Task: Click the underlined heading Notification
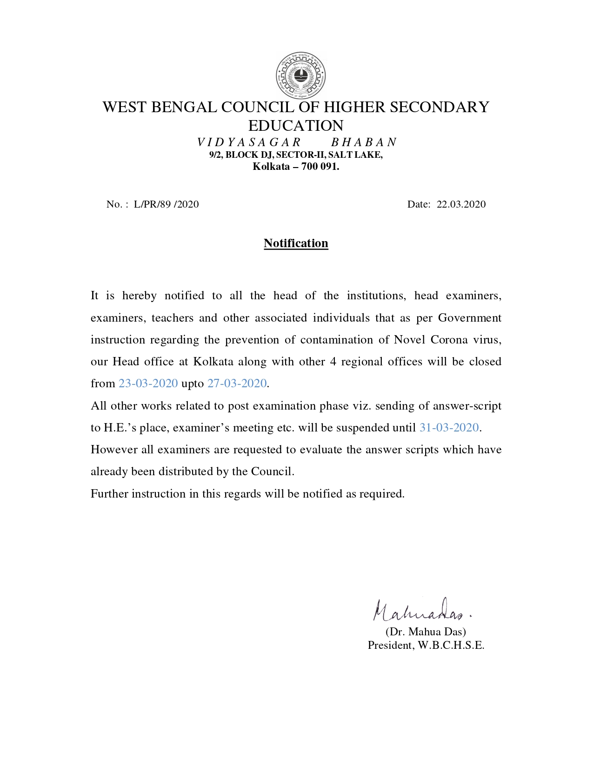[x=296, y=243]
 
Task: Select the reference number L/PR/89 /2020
[x=166, y=204]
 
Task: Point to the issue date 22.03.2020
[x=461, y=204]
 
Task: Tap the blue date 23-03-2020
[x=148, y=384]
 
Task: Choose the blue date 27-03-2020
[x=237, y=384]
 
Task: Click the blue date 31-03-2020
[x=449, y=428]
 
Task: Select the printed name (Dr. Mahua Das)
[x=426, y=632]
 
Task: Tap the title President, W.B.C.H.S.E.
[x=426, y=645]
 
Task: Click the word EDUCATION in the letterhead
[x=296, y=126]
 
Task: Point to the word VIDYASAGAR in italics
[x=249, y=142]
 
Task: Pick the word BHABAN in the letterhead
[x=364, y=142]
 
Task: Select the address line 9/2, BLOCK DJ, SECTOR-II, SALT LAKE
[x=296, y=155]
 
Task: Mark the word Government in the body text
[x=470, y=318]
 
